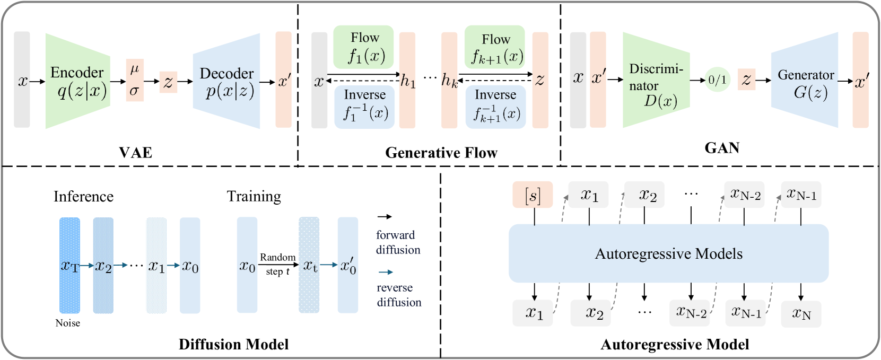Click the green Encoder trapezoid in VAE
click(x=77, y=81)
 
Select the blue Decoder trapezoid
click(x=227, y=81)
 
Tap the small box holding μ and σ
click(x=135, y=80)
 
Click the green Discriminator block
click(x=656, y=80)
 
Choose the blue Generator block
click(x=805, y=81)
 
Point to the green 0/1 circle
click(x=717, y=80)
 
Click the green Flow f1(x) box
click(x=364, y=47)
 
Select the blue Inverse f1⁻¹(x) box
click(x=364, y=107)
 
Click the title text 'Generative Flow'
click(x=441, y=153)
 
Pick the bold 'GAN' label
click(x=722, y=148)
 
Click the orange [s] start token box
click(x=533, y=195)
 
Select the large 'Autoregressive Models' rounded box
click(x=668, y=253)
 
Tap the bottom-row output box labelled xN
click(x=801, y=314)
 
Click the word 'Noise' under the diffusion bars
click(x=68, y=323)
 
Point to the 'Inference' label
click(x=83, y=197)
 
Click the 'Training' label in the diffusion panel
click(x=254, y=196)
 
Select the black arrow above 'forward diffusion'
click(x=385, y=217)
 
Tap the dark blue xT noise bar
click(x=69, y=265)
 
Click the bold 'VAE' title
click(x=136, y=153)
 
